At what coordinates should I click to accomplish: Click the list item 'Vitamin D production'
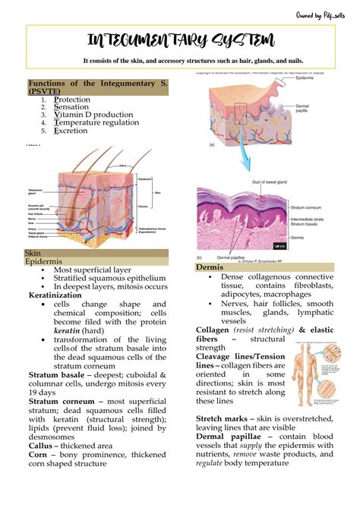(90, 115)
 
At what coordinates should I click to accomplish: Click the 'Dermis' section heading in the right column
(209, 268)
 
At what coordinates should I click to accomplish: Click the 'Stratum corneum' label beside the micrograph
(309, 206)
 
